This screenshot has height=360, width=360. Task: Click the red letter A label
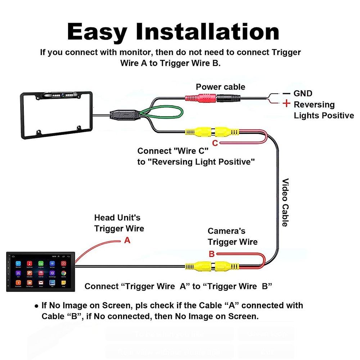127,240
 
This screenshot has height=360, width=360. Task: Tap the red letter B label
212,254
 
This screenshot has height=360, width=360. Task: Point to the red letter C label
215,143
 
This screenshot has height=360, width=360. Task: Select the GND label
303,94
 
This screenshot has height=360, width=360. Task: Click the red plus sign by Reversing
286,104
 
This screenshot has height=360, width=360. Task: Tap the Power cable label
220,87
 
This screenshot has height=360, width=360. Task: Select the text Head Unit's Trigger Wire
119,223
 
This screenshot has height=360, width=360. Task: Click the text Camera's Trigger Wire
232,237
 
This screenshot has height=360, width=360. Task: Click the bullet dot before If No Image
36,306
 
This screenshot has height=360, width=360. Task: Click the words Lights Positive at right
324,116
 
